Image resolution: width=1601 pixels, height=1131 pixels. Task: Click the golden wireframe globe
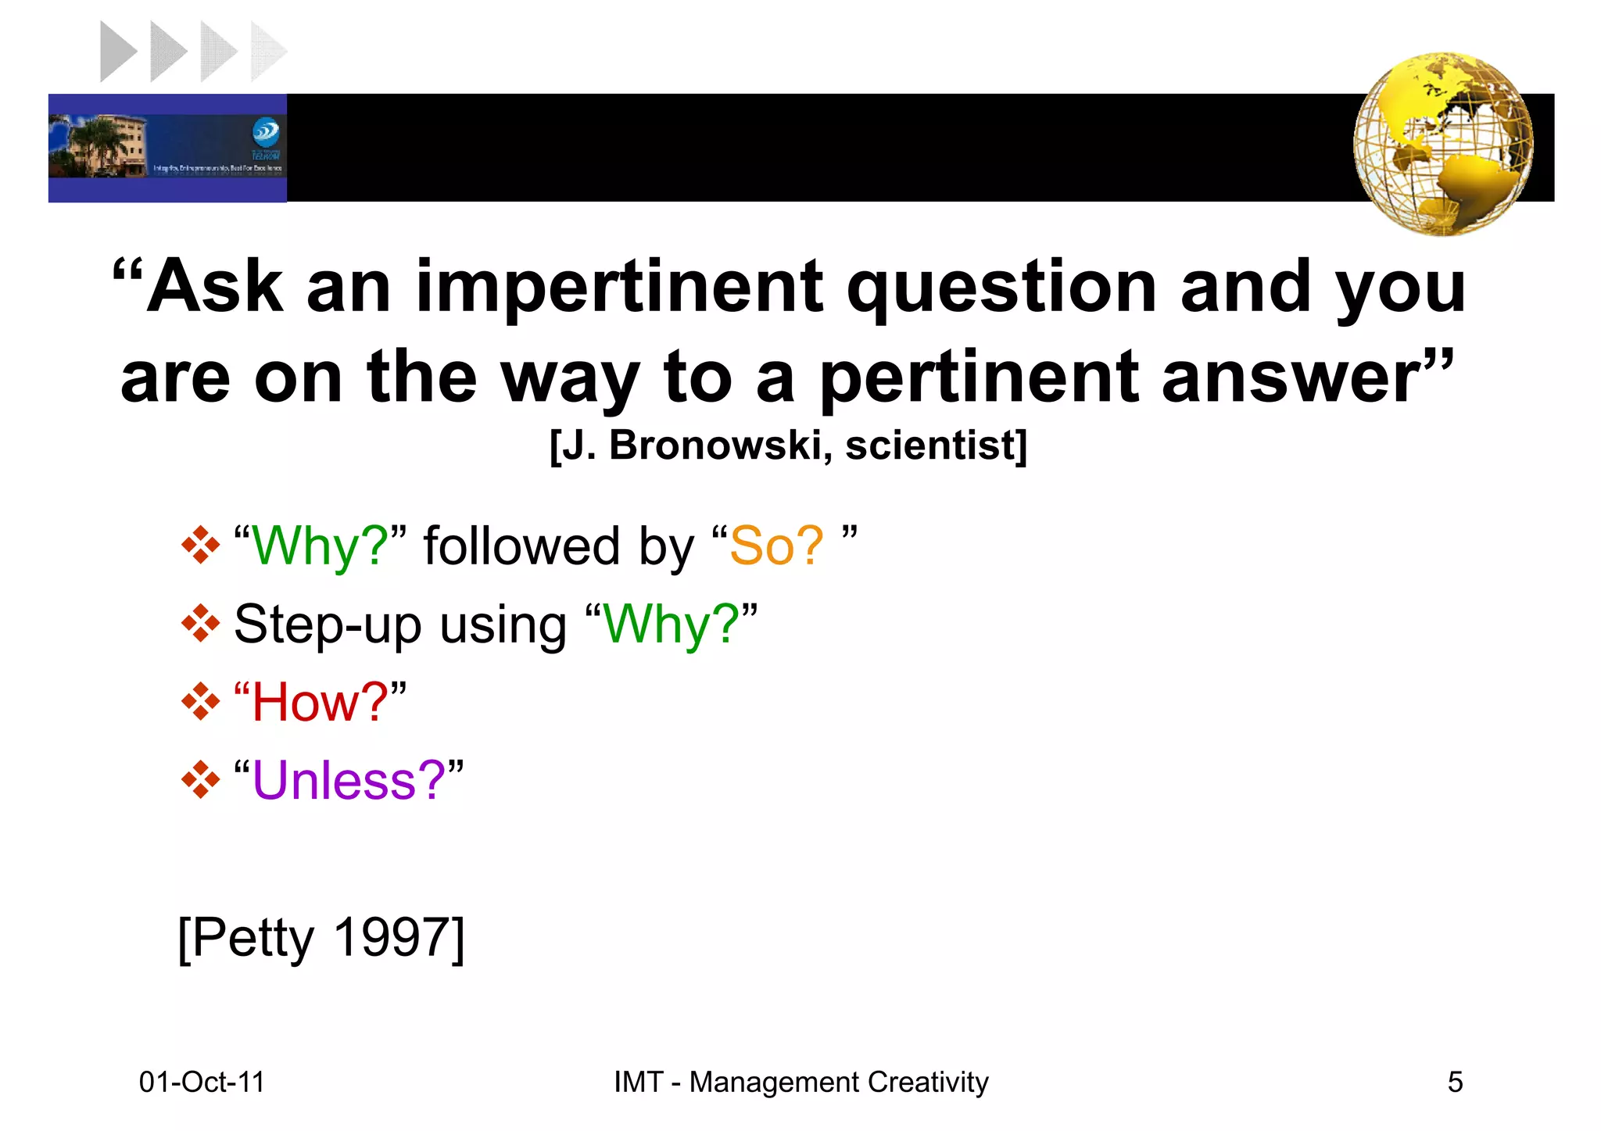(1443, 145)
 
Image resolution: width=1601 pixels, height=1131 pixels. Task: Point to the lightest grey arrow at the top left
(267, 52)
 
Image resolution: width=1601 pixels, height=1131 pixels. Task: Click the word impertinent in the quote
(619, 288)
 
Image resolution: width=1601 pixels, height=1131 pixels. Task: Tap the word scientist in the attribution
(930, 446)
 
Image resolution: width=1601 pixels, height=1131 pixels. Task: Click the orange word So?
(775, 546)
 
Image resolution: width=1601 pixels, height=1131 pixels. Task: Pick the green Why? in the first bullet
(320, 546)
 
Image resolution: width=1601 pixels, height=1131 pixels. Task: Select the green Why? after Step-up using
(671, 624)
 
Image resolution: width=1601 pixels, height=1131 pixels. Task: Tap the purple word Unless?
(349, 780)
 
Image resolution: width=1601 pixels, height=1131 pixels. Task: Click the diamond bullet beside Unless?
(200, 780)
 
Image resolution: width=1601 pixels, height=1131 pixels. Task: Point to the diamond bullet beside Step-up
(200, 624)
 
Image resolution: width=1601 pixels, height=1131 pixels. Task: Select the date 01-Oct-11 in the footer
(202, 1082)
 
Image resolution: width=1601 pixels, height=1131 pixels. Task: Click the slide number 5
(1455, 1082)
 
